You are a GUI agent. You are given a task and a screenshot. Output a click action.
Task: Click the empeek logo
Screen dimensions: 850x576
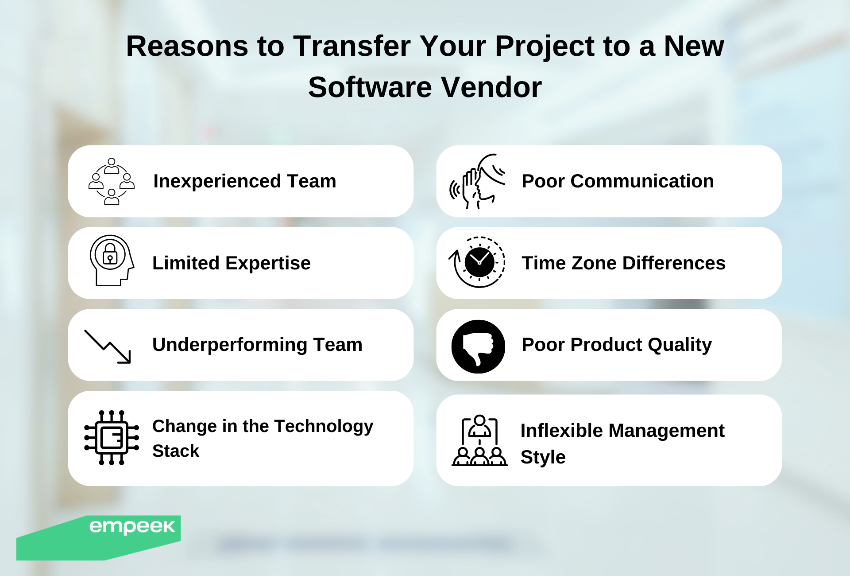[132, 527]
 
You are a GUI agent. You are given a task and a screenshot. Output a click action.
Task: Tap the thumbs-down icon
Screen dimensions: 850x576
[478, 346]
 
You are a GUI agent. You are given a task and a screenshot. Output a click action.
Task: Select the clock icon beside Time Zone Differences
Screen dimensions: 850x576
[477, 262]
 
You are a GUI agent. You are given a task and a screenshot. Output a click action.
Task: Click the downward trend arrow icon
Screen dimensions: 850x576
[108, 346]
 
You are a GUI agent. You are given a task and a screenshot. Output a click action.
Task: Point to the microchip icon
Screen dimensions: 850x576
[112, 437]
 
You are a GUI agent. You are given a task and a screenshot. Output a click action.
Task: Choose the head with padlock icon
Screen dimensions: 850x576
[112, 261]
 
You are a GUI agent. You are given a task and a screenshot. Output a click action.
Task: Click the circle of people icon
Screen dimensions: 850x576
[112, 181]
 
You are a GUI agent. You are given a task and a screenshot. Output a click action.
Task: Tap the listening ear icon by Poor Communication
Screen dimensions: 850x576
[477, 181]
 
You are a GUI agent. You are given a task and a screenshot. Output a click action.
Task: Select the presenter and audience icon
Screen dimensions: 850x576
[479, 440]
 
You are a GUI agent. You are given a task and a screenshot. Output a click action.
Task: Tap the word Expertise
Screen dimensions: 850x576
[268, 263]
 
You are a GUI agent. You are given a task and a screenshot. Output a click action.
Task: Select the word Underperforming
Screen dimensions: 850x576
[230, 345]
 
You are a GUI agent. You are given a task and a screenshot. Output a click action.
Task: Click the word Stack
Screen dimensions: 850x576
[176, 451]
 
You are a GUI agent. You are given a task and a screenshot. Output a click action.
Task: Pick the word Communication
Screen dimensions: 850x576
[642, 181]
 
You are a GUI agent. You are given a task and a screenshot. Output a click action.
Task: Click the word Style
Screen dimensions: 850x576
[543, 457]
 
